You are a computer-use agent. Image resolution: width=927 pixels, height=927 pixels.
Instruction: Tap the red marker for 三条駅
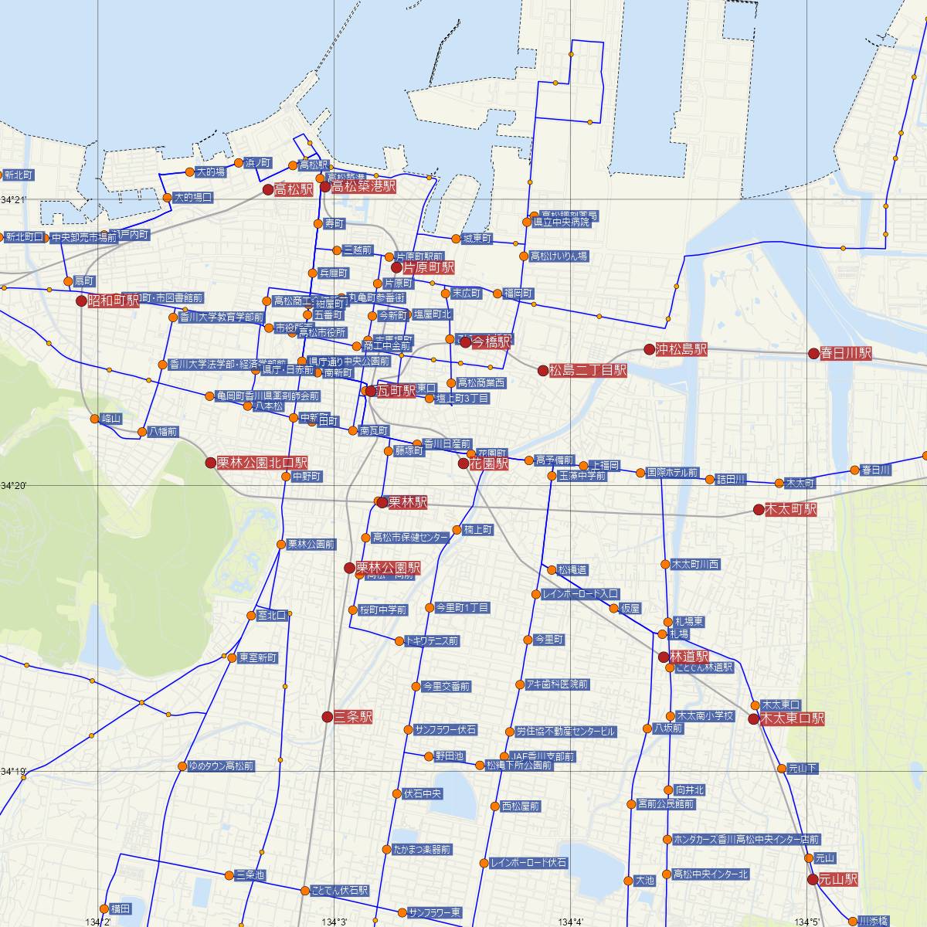pyautogui.click(x=328, y=717)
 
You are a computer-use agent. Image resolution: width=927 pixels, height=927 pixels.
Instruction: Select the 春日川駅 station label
pyautogui.click(x=846, y=353)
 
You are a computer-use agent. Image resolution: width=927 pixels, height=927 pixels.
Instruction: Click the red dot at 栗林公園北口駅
pyautogui.click(x=210, y=462)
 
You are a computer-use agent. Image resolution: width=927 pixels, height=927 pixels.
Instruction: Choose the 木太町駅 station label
pyautogui.click(x=789, y=510)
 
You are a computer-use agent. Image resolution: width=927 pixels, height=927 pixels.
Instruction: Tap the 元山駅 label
pyautogui.click(x=838, y=879)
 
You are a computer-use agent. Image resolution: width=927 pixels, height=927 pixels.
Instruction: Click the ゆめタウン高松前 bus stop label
pyautogui.click(x=220, y=766)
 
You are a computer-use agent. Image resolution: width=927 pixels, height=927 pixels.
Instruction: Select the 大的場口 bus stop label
pyautogui.click(x=192, y=198)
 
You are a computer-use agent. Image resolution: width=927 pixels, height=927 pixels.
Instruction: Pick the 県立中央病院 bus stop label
pyautogui.click(x=565, y=222)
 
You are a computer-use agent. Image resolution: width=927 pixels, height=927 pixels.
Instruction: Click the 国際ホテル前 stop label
pyautogui.click(x=671, y=472)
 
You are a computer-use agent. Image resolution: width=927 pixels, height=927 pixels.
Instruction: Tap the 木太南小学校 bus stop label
pyautogui.click(x=704, y=715)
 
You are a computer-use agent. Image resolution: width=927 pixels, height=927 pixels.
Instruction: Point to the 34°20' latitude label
pyautogui.click(x=13, y=485)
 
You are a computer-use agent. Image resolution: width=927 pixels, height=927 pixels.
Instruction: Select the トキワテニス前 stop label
pyautogui.click(x=432, y=640)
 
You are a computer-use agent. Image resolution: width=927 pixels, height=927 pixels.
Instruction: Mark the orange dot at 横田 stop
pyautogui.click(x=104, y=908)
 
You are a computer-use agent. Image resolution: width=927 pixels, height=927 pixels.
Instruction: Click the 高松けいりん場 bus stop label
pyautogui.click(x=559, y=256)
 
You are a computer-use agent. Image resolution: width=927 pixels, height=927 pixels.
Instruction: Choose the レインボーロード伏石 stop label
pyautogui.click(x=529, y=863)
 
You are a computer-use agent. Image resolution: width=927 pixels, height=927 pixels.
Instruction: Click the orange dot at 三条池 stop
pyautogui.click(x=229, y=875)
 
